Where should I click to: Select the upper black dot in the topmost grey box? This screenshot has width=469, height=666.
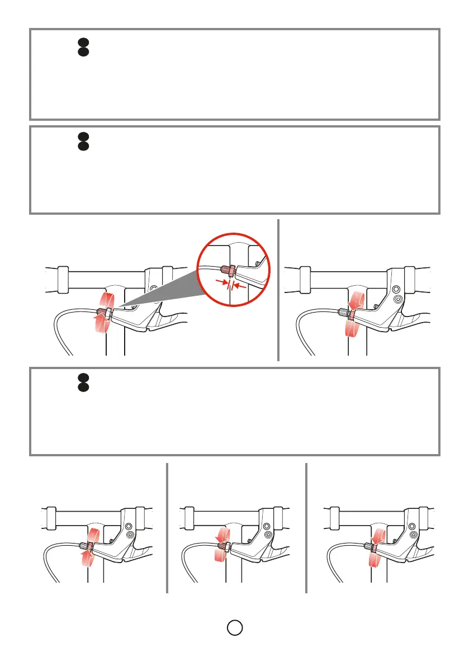coord(82,42)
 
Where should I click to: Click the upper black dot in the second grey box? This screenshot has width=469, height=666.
coord(82,136)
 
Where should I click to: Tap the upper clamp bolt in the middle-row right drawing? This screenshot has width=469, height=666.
coord(396,290)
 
